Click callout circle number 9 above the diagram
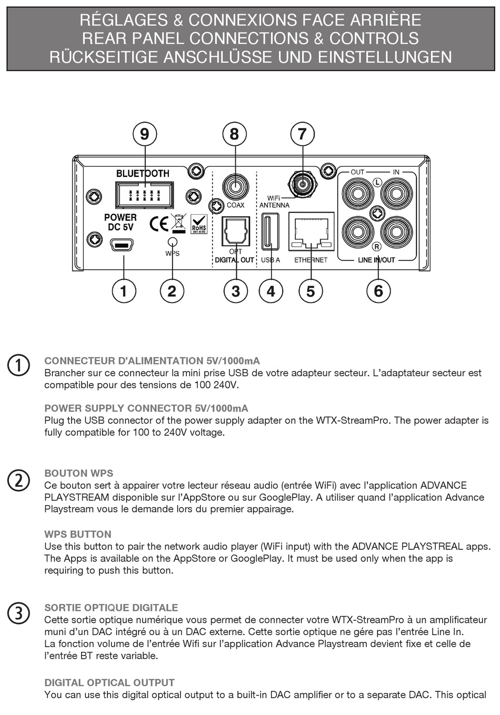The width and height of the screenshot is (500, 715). click(144, 134)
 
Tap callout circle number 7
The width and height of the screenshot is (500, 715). click(302, 134)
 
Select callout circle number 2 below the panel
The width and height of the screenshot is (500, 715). click(172, 291)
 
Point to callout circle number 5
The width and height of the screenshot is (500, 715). click(311, 291)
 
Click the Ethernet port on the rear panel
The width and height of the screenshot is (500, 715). click(311, 231)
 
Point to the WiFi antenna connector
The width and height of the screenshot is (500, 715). click(302, 184)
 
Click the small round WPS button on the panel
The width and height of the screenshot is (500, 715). click(172, 241)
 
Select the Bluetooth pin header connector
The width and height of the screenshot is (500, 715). click(144, 195)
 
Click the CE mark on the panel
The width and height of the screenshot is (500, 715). click(159, 224)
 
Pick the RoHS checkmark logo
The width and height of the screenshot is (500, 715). click(199, 224)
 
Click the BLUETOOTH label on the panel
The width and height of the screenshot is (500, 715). click(143, 173)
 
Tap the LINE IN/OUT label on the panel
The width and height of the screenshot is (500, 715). click(376, 260)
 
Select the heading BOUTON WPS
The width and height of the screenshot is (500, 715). click(79, 473)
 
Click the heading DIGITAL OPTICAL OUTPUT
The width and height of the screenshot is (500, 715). click(109, 683)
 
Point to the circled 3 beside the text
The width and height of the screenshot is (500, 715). click(18, 613)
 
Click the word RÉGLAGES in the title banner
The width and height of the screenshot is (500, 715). click(124, 20)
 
